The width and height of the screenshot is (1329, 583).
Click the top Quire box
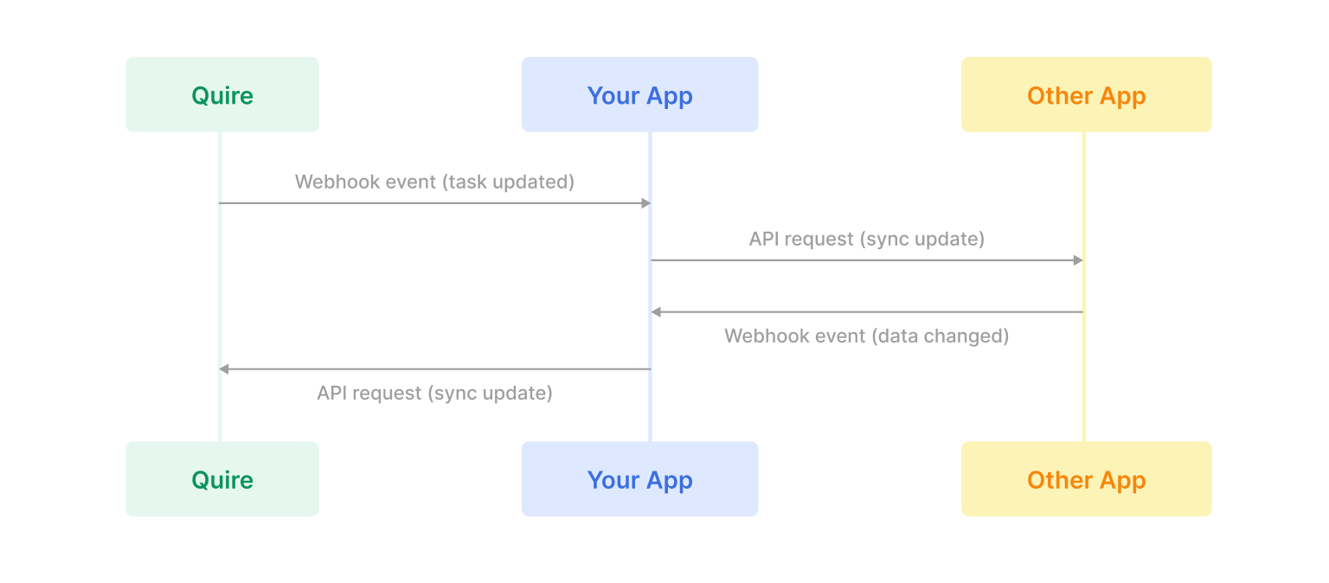[222, 95]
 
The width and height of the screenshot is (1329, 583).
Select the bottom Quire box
[222, 479]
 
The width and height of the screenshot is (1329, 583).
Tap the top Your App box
[639, 95]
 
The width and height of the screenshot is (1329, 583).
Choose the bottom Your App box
[639, 479]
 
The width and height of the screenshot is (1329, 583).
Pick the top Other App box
[1086, 95]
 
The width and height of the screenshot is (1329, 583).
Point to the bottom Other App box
[1086, 479]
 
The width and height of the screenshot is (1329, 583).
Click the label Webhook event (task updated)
[434, 182]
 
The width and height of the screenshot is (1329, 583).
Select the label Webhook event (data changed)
[866, 336]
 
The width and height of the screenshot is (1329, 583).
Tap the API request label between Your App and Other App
[866, 239]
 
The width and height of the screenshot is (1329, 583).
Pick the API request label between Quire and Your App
[434, 393]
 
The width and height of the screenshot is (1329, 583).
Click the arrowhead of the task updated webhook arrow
[645, 203]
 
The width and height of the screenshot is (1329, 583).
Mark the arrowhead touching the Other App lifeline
[1078, 260]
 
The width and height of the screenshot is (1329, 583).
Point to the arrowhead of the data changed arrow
[656, 311]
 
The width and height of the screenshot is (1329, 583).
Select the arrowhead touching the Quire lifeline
[224, 369]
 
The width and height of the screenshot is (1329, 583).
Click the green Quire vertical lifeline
[220, 285]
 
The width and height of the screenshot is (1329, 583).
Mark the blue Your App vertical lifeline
[650, 407]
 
